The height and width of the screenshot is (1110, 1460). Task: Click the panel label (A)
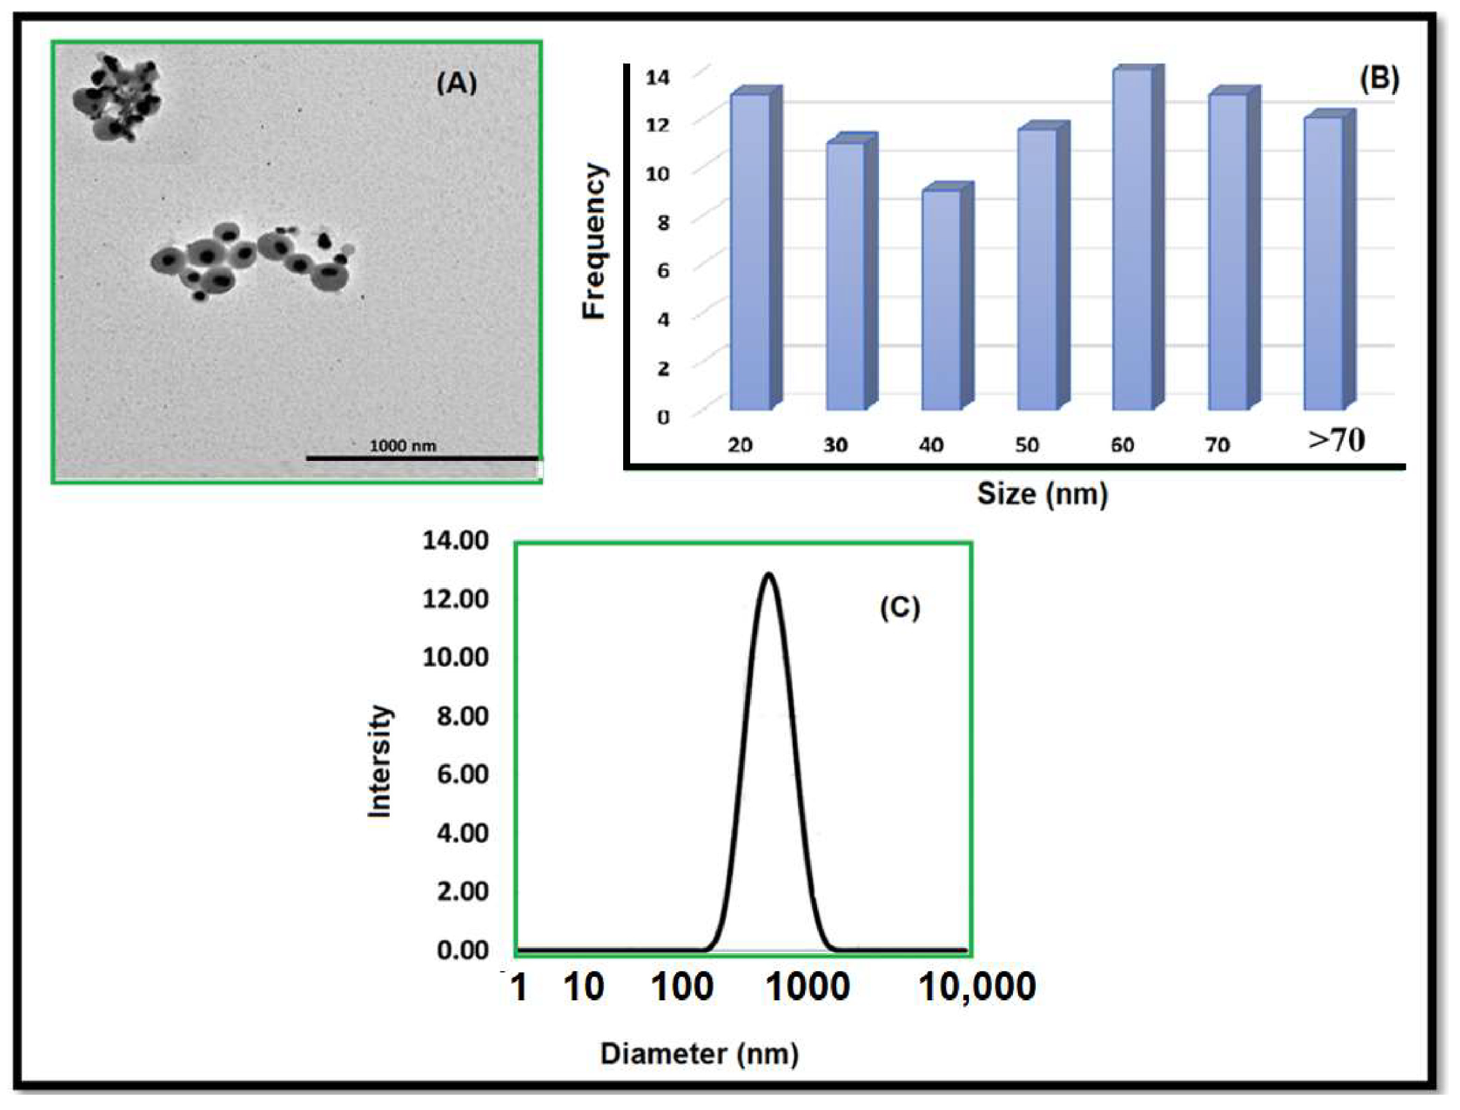[x=456, y=84]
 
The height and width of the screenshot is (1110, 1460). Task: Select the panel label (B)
[x=1379, y=78]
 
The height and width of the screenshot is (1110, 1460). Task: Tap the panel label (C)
[x=899, y=606]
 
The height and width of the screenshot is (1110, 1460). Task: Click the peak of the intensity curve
[x=769, y=574]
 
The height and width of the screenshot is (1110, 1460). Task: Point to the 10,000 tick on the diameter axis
[x=977, y=988]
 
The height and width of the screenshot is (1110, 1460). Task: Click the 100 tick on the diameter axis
[x=682, y=988]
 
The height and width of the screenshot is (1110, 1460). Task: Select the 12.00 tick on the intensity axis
[x=456, y=599]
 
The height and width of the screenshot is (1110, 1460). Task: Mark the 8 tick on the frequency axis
[x=663, y=222]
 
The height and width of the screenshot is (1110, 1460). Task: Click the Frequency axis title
[x=594, y=241]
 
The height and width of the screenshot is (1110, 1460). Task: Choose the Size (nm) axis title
[x=1042, y=494]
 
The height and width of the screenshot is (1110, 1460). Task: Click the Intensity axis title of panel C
[x=380, y=762]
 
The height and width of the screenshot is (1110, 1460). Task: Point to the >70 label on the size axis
[x=1336, y=440]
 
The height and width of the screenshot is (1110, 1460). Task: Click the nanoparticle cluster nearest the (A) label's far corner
[x=115, y=98]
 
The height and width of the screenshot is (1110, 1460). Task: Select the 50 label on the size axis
[x=1026, y=445]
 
